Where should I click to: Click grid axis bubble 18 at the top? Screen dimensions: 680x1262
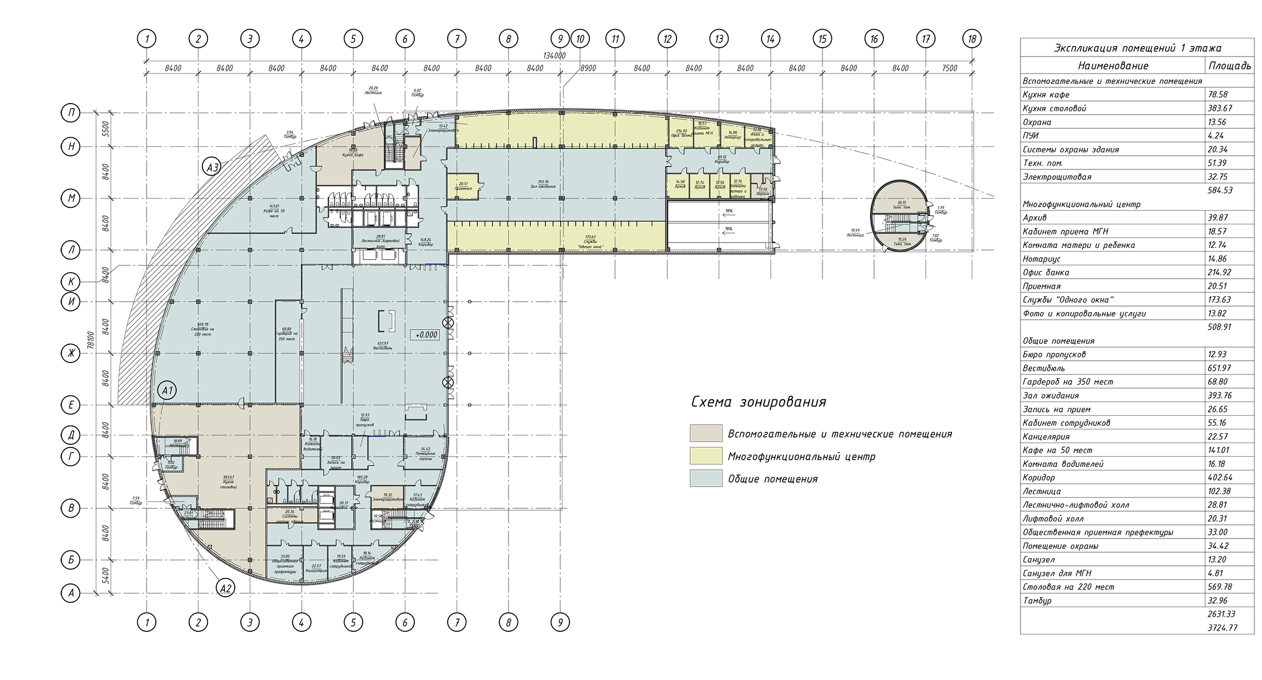[x=972, y=39]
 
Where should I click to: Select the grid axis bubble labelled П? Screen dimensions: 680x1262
[x=71, y=114]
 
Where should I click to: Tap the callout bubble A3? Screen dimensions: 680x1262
[x=212, y=166]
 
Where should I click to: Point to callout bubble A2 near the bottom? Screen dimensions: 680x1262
[x=225, y=588]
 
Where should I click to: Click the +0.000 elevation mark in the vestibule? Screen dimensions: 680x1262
[x=426, y=335]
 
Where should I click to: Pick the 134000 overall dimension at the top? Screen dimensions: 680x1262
[x=554, y=56]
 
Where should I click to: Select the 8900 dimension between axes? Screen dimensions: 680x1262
[x=588, y=68]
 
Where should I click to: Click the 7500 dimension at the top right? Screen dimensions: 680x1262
[x=949, y=68]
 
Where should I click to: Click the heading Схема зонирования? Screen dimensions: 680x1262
[x=758, y=403]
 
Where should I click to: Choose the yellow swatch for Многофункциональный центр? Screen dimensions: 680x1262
[x=706, y=456]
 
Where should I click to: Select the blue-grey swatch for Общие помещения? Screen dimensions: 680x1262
[x=706, y=478]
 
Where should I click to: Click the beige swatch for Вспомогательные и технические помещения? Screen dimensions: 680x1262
[x=706, y=433]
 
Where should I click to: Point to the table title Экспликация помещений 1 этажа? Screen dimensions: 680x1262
[x=1136, y=48]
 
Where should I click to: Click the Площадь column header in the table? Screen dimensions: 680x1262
[x=1230, y=66]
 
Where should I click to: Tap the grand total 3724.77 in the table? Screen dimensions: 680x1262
[x=1222, y=628]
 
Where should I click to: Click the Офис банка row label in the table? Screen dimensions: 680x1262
[x=1046, y=273]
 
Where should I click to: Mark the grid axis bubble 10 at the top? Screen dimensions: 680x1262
[x=579, y=39]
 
